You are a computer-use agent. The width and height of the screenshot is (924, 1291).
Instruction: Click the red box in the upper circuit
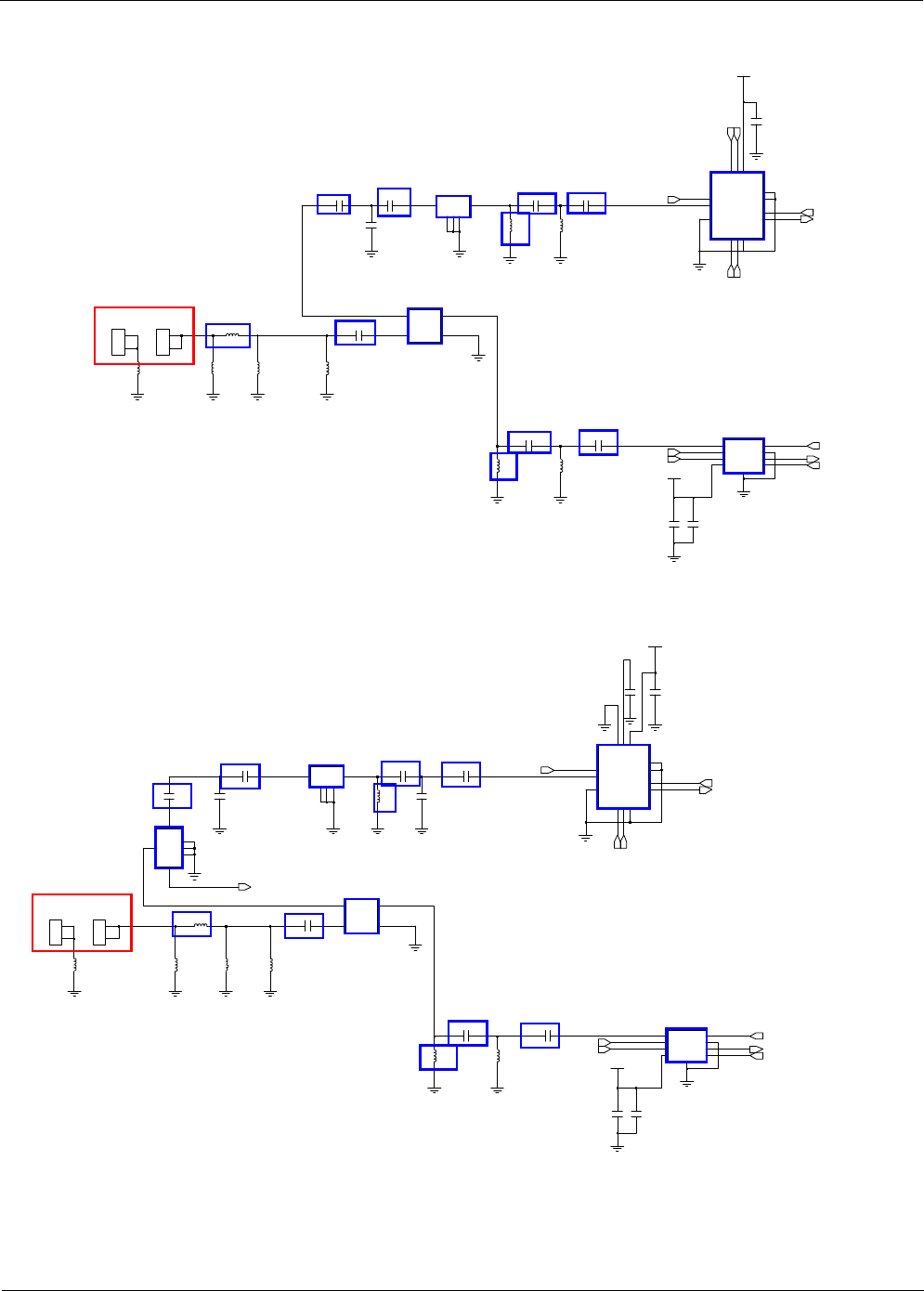tap(144, 335)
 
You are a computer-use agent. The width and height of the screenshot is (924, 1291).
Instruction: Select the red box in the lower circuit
tap(82, 922)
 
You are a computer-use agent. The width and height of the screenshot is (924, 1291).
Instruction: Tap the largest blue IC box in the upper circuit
tap(737, 205)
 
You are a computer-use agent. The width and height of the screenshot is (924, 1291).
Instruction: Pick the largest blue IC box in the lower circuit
tap(623, 776)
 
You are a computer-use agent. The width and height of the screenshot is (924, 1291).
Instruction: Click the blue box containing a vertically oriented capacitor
tap(172, 796)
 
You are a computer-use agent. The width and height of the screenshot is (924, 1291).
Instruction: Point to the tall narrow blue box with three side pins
tap(169, 847)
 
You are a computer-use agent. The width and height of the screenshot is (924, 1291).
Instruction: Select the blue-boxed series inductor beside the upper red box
tap(228, 335)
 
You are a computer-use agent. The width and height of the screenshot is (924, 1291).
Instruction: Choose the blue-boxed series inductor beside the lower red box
tap(192, 924)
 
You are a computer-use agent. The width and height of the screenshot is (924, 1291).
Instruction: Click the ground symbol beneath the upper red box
tap(137, 397)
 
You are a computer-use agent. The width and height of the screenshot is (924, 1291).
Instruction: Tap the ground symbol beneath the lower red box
tap(74, 993)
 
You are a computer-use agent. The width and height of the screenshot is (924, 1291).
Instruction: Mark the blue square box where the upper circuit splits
tap(424, 326)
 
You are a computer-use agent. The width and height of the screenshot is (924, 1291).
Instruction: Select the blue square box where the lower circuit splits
tap(361, 916)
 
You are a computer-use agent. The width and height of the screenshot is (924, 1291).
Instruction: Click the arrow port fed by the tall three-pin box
tap(245, 887)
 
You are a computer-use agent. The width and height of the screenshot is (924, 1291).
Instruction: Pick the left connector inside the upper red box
tap(119, 342)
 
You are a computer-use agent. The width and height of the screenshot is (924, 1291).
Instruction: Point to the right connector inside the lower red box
tap(99, 932)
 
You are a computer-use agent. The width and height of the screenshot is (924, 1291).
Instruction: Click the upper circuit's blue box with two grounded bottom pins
tap(453, 207)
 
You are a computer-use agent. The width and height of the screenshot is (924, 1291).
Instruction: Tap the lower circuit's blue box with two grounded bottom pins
tap(326, 776)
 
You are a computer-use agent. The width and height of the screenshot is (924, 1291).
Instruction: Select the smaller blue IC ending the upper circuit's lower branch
tap(744, 456)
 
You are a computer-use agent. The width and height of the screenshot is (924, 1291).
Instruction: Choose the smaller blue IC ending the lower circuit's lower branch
tap(686, 1046)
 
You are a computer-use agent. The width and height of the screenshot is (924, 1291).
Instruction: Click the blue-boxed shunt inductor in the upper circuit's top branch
tap(515, 228)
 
